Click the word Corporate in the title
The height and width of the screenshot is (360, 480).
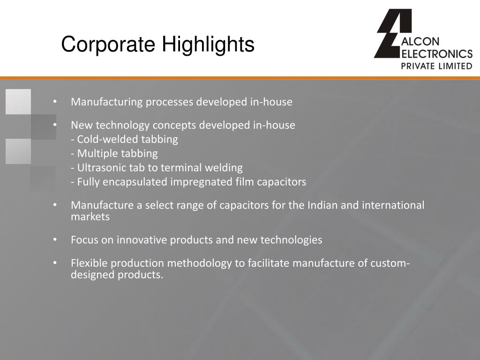pyautogui.click(x=109, y=45)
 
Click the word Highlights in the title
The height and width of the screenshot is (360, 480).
pyautogui.click(x=208, y=45)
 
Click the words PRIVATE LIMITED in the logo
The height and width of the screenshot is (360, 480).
pyautogui.click(x=436, y=66)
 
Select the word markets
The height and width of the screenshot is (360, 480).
pyautogui.click(x=90, y=217)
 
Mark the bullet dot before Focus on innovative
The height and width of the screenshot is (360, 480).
pyautogui.click(x=55, y=240)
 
